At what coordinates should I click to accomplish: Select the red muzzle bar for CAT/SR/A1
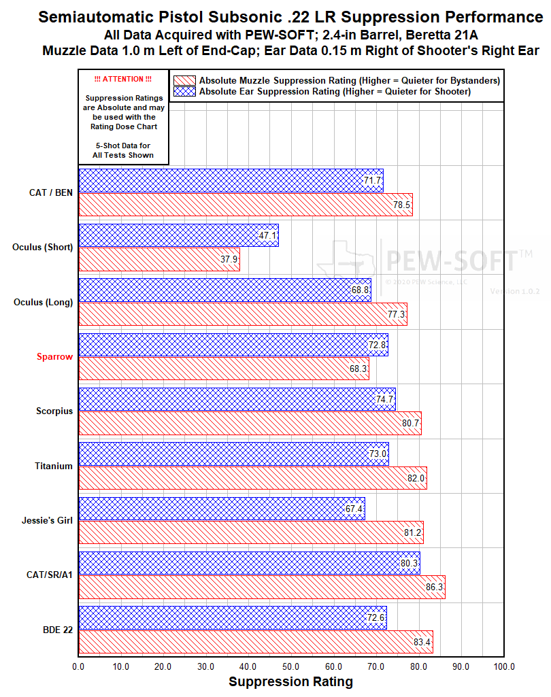(x=262, y=587)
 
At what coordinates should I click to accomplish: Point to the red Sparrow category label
(x=54, y=357)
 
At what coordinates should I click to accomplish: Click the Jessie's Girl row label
(x=47, y=520)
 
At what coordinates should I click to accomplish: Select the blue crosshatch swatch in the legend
(x=184, y=91)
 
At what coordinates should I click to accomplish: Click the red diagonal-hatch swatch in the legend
(x=184, y=80)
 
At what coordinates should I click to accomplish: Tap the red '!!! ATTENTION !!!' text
(x=123, y=80)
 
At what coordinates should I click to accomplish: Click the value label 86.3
(x=435, y=587)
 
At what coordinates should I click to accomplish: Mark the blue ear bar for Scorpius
(x=237, y=399)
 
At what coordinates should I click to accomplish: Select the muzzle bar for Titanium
(x=252, y=477)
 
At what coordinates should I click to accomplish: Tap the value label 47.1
(x=268, y=236)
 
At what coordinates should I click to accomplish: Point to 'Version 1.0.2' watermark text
(x=514, y=291)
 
